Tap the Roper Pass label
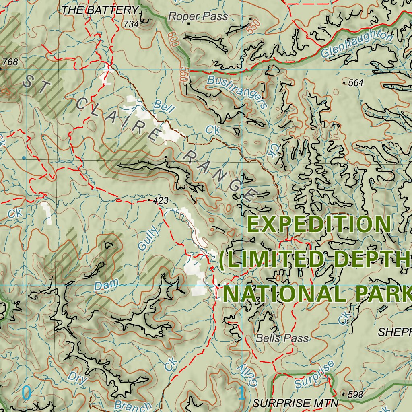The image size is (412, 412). (198, 16)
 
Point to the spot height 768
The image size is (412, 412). (10, 62)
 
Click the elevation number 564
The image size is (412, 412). (356, 83)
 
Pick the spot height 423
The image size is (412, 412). (161, 200)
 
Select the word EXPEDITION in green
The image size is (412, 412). (319, 225)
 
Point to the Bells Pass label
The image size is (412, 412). (282, 338)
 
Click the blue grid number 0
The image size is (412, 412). (26, 393)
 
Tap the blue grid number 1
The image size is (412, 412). (242, 393)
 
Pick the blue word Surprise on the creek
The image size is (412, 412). (314, 375)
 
